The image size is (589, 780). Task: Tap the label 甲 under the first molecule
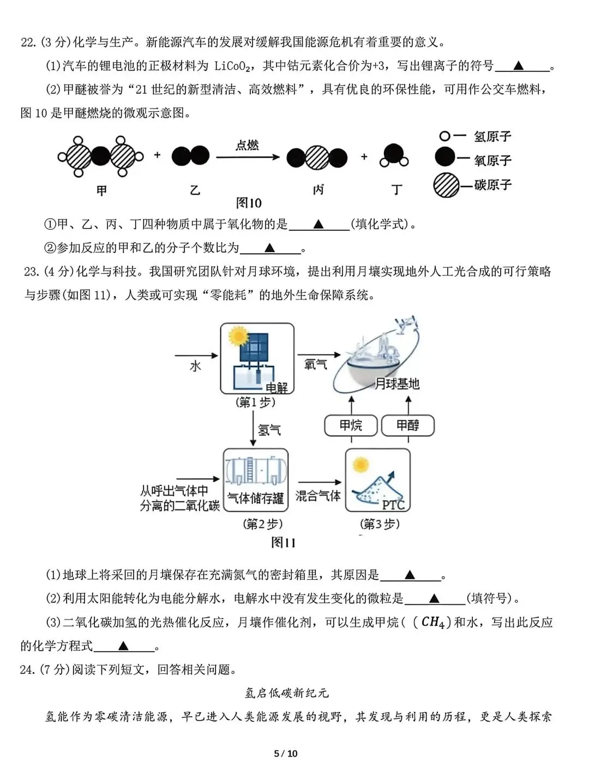point(101,190)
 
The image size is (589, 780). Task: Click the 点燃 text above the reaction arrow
point(247,145)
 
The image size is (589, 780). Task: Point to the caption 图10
point(248,203)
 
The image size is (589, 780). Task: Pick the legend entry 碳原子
point(492,185)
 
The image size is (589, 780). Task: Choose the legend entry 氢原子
point(492,136)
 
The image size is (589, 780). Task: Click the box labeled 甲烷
point(351,425)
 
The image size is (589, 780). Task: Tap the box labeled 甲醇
point(407,425)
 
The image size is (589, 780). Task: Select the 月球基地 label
point(396,384)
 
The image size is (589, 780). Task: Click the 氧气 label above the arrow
point(315,364)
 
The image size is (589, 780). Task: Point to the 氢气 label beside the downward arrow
point(269,430)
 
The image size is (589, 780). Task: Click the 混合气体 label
point(318,495)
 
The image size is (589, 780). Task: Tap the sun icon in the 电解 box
point(238,335)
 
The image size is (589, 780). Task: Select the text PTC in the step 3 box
point(393,505)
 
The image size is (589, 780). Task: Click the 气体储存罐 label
point(255,498)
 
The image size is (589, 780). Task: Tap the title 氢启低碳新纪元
point(287,693)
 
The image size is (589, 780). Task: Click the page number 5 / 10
point(286,754)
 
